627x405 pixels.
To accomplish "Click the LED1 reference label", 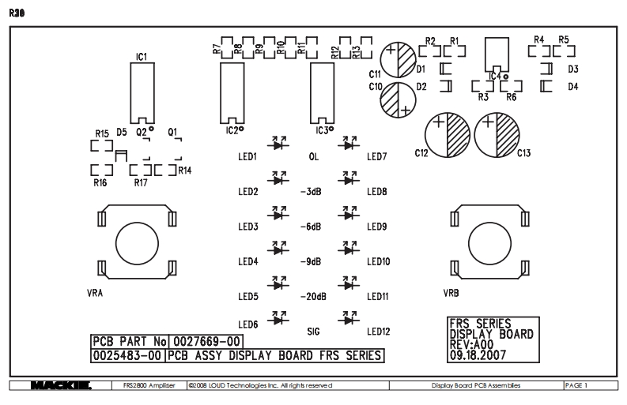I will coord(248,157).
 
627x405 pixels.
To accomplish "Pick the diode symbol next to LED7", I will coord(346,144).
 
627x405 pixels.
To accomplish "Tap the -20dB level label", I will coord(313,297).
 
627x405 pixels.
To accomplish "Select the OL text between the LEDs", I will coord(313,157).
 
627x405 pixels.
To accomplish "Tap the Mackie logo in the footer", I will coord(60,385).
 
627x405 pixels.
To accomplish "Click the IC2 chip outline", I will coord(232,92).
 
